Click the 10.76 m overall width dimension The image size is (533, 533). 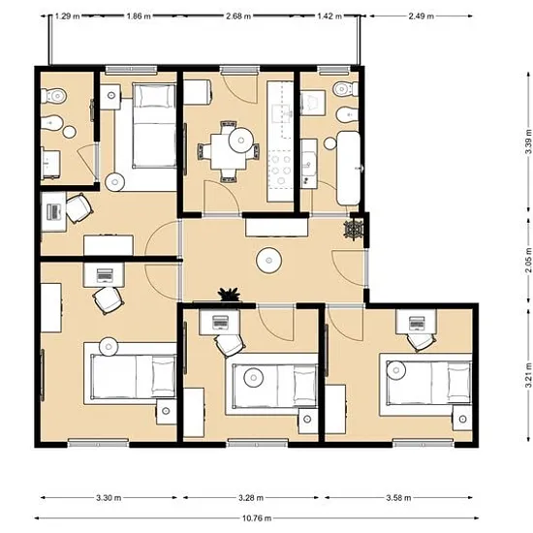[257, 518]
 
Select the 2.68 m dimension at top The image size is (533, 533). [238, 16]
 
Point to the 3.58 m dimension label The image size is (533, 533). [398, 498]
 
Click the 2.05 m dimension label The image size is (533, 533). [528, 260]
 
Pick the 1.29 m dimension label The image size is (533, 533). [67, 16]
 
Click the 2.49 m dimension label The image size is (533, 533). [422, 16]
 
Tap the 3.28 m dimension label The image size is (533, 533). [251, 498]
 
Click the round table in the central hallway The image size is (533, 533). [268, 261]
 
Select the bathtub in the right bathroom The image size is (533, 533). [349, 168]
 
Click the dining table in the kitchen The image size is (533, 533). [228, 151]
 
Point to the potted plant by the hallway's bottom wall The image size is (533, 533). [229, 294]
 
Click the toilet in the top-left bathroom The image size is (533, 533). [53, 96]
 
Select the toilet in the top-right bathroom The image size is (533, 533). [345, 89]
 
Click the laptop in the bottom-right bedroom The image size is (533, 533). [417, 323]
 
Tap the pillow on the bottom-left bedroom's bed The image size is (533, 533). [163, 376]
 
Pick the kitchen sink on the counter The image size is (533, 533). [283, 114]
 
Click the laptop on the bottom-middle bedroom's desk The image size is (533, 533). [220, 323]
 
